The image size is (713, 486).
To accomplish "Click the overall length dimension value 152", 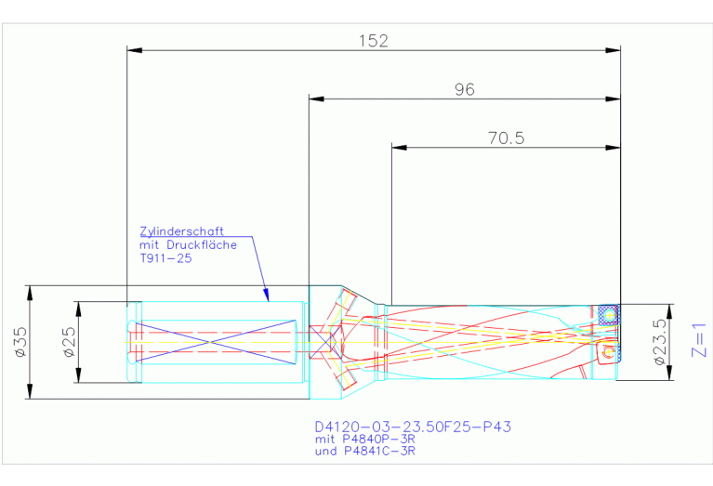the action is point(374,42).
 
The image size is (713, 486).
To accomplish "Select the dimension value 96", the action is point(464,89).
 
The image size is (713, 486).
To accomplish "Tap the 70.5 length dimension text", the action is point(506,138).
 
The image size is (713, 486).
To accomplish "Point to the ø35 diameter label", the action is point(21,342).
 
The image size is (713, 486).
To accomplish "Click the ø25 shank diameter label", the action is point(70,342).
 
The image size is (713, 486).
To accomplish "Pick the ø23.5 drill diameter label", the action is point(660,341).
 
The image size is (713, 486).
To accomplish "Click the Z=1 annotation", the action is point(698,340).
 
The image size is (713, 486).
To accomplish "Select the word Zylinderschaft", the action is point(181,232).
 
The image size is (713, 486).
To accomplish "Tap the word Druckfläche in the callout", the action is point(202,245).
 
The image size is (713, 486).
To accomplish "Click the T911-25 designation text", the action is point(165,258).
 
